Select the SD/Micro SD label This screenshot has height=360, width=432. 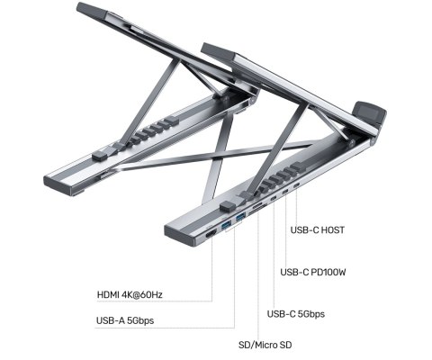[x=265, y=345]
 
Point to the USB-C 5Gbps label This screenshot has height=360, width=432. [x=296, y=314]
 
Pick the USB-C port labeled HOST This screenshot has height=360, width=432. [x=297, y=185]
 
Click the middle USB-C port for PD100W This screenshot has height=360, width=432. [x=284, y=192]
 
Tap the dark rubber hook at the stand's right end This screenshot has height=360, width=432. [x=373, y=115]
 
